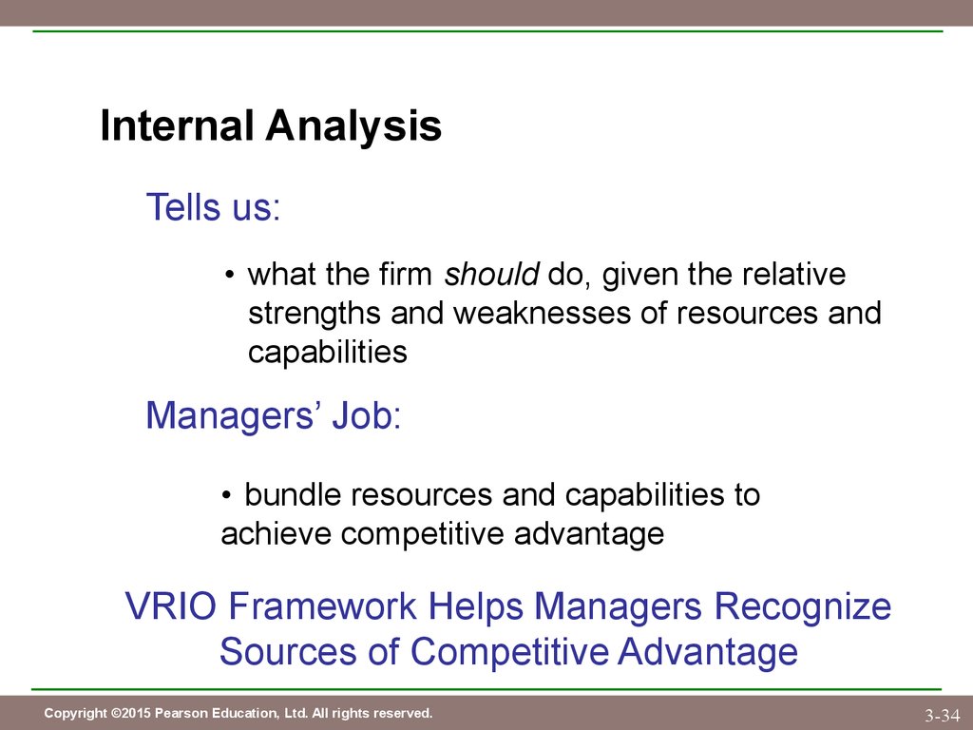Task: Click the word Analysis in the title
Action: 353,127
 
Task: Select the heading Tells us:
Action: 214,206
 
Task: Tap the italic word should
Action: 491,274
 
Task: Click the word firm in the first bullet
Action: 405,274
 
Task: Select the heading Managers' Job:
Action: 274,415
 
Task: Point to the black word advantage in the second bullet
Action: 589,535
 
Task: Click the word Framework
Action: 323,605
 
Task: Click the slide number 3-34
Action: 942,715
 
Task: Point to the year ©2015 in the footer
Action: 131,713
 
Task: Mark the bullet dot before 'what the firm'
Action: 230,275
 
